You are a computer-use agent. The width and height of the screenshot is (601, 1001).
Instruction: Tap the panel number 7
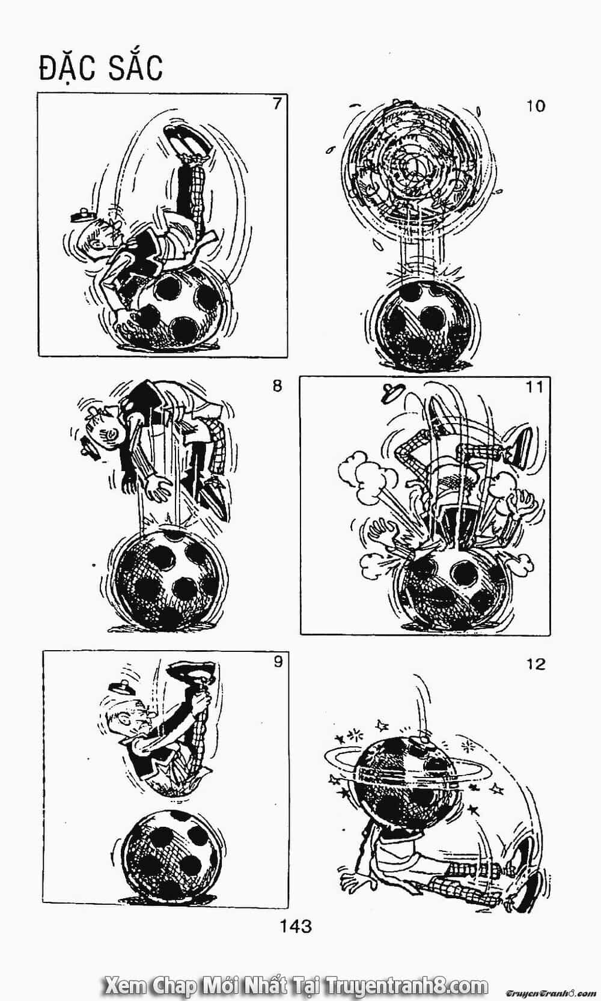277,104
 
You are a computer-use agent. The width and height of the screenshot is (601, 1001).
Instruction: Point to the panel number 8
277,386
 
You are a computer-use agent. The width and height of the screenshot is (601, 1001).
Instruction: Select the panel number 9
278,662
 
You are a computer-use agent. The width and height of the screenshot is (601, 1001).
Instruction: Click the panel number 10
535,106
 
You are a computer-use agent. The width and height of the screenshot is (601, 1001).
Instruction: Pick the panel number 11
535,386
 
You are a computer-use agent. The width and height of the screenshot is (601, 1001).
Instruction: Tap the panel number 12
535,665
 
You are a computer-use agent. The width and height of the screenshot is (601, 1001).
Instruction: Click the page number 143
296,926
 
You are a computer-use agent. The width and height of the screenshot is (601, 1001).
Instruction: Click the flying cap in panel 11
393,392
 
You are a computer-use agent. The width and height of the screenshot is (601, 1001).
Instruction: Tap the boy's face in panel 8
105,428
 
